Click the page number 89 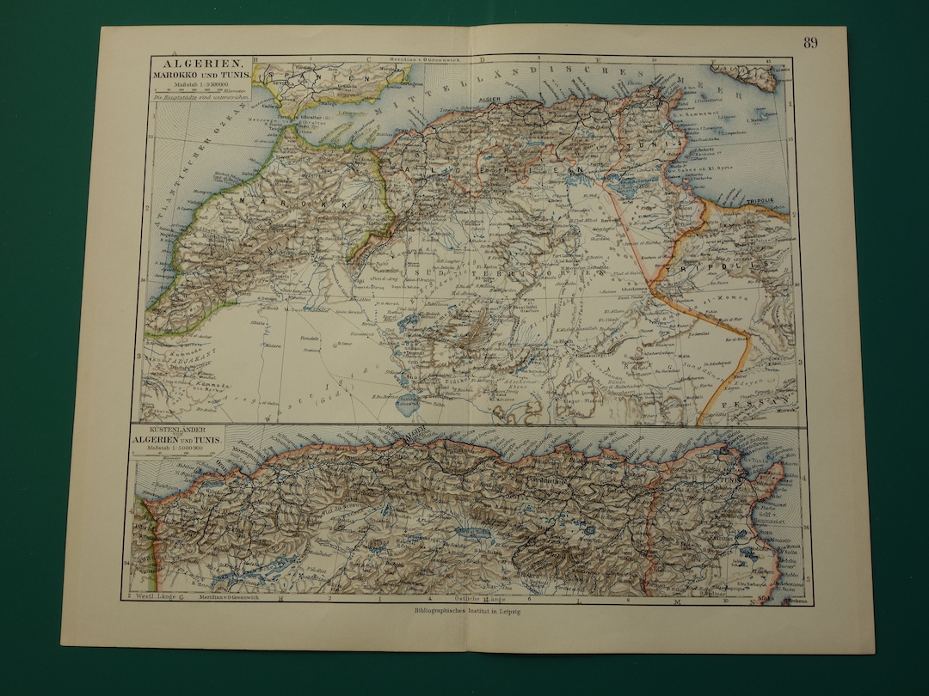810,43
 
